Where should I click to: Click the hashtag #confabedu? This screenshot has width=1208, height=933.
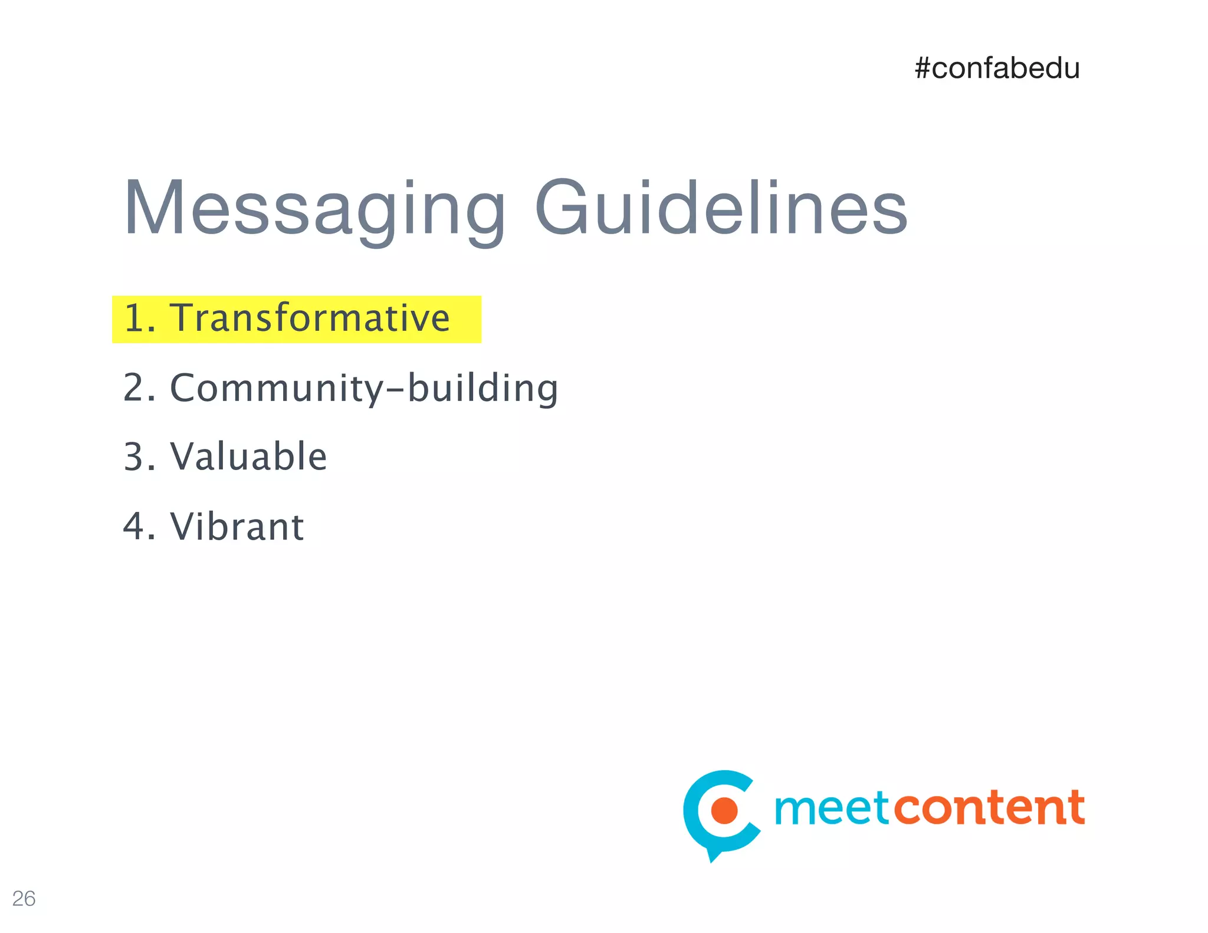click(997, 68)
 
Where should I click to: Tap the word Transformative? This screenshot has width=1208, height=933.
click(310, 318)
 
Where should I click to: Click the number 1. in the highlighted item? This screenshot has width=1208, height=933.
click(139, 318)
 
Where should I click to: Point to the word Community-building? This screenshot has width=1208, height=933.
click(364, 389)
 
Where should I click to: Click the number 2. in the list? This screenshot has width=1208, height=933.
click(139, 389)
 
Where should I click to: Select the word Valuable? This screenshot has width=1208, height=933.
click(248, 457)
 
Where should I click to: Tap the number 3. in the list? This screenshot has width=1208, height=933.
click(139, 457)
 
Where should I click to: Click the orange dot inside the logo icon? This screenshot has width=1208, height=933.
click(724, 810)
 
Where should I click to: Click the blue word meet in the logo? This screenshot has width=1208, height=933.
click(830, 809)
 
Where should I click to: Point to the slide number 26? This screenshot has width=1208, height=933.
click(24, 898)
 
